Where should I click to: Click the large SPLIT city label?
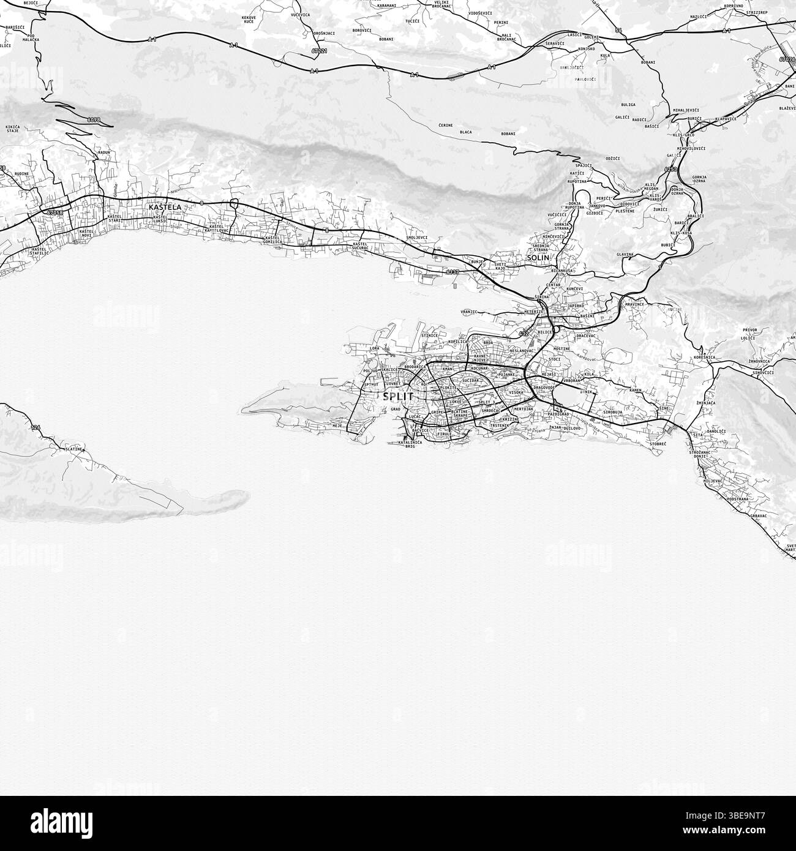(x=398, y=396)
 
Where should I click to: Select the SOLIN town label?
(x=538, y=258)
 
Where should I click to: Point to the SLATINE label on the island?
(x=74, y=449)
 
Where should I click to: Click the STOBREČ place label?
(x=658, y=443)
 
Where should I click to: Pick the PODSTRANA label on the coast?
(x=738, y=499)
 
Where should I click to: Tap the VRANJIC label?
(x=468, y=312)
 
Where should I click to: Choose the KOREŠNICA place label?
(x=705, y=357)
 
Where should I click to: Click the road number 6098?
(x=94, y=120)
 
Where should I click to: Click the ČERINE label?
(x=446, y=125)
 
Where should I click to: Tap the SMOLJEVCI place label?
(x=416, y=238)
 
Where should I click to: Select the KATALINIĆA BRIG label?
(x=410, y=444)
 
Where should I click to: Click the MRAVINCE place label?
(x=634, y=304)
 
